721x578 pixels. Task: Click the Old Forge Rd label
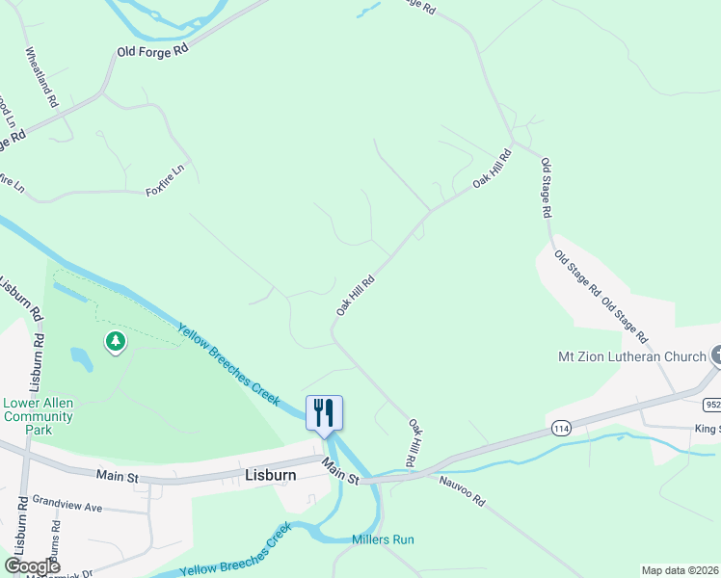[x=151, y=51]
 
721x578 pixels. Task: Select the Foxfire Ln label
[x=164, y=180]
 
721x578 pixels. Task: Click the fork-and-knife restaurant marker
[x=324, y=412]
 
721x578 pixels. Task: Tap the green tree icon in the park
[x=116, y=341]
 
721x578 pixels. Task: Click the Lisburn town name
[x=269, y=475]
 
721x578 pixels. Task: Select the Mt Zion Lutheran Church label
[x=632, y=356]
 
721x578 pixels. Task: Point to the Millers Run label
[x=383, y=539]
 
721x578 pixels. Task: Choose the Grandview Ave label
[x=67, y=505]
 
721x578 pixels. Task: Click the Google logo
[x=32, y=566]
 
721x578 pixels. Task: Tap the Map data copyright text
[x=679, y=570]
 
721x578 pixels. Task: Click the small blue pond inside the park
[x=81, y=359]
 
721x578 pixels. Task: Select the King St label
[x=707, y=428]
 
